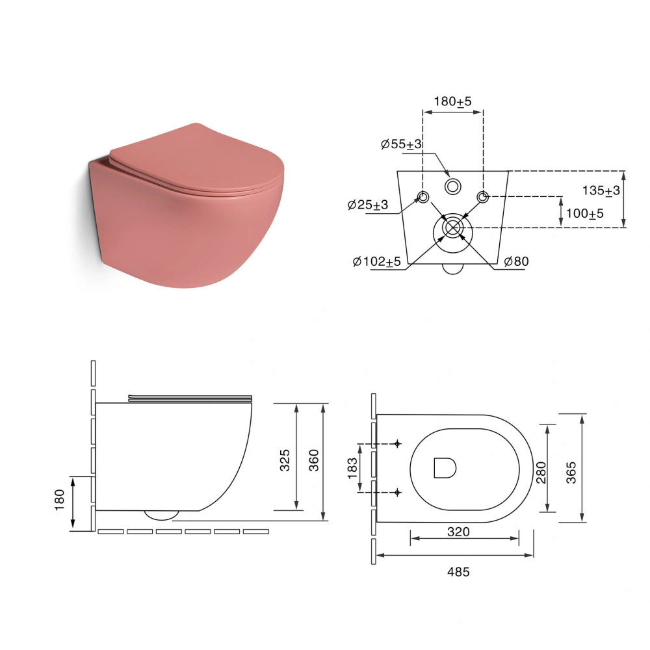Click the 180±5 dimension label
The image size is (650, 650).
point(452,101)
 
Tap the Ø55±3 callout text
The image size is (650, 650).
point(401,144)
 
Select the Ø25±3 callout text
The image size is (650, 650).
point(368,205)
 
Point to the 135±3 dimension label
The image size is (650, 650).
point(601,190)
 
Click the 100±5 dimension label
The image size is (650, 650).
point(584,214)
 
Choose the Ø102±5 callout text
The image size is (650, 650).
point(377,262)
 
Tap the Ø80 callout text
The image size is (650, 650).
point(517,261)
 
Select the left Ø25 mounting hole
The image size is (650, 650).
point(423,197)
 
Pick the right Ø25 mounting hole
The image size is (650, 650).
point(482,197)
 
